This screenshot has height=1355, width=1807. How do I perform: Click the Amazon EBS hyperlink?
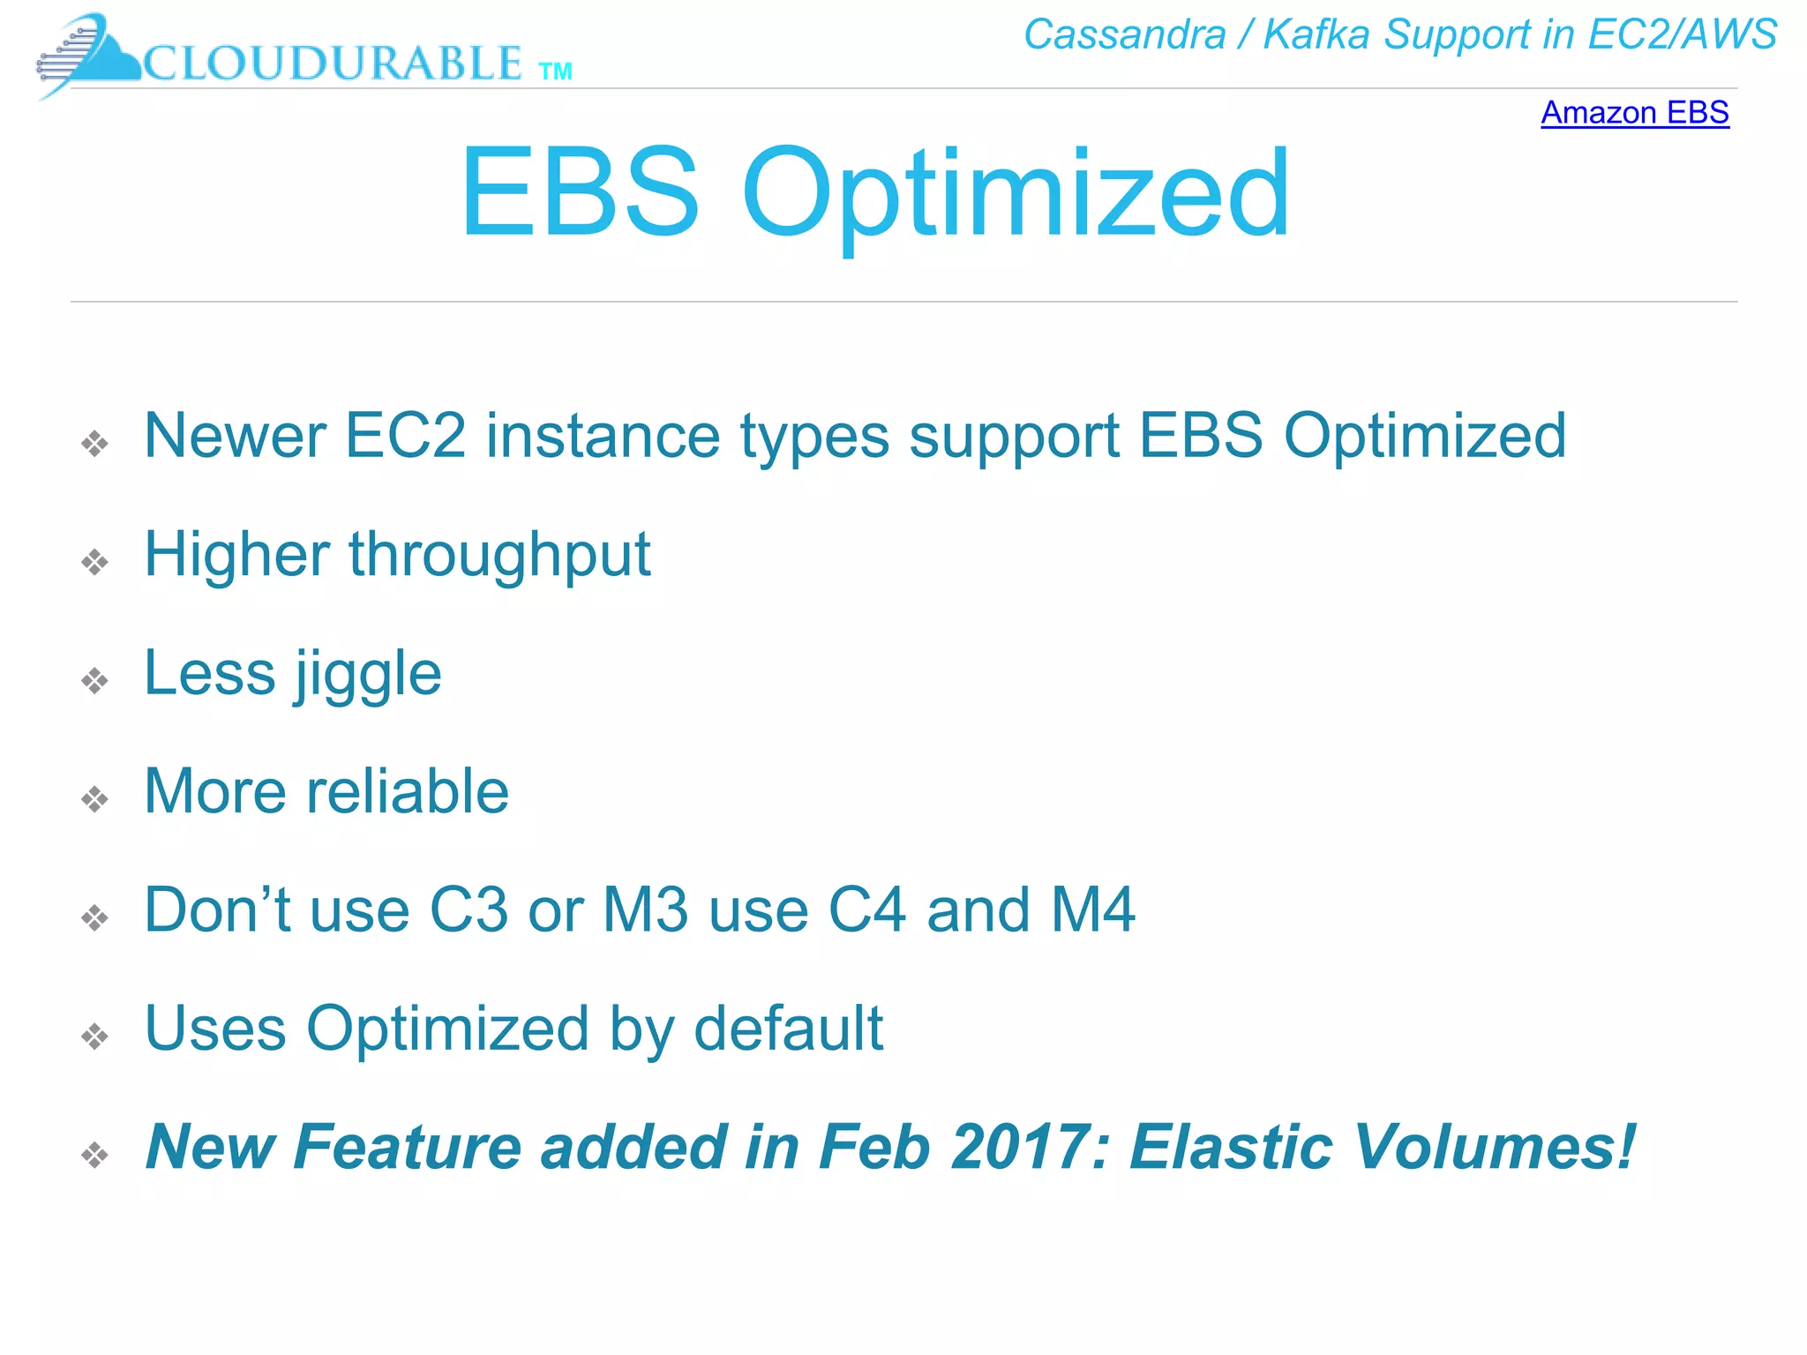click(1634, 113)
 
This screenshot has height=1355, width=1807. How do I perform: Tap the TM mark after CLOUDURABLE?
click(555, 71)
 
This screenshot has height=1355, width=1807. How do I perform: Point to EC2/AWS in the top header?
click(1682, 35)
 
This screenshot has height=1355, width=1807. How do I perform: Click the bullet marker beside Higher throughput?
click(94, 562)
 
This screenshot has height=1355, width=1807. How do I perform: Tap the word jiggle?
click(367, 675)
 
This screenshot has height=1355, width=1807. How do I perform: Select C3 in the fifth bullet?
click(469, 910)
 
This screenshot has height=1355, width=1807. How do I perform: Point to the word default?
click(788, 1029)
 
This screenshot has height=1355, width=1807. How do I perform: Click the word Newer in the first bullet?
click(235, 436)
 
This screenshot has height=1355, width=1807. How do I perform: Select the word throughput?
click(499, 557)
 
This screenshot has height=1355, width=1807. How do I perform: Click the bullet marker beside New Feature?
click(94, 1155)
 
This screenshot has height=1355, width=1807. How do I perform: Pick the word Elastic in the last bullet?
click(1231, 1147)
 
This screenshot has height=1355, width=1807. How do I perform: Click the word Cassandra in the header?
click(1124, 35)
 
